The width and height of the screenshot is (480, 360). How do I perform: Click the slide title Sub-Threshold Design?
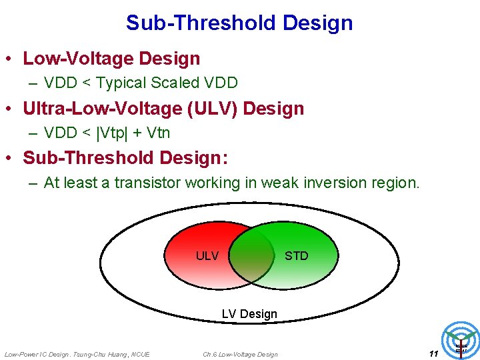click(239, 23)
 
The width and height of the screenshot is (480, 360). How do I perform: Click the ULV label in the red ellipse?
click(207, 256)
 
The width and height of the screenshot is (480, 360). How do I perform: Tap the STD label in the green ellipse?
click(297, 256)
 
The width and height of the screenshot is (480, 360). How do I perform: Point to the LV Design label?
click(249, 313)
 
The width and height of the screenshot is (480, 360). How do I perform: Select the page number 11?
click(433, 353)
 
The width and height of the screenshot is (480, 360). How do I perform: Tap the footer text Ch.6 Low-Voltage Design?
click(241, 354)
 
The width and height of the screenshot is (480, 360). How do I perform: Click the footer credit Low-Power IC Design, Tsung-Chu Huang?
click(77, 354)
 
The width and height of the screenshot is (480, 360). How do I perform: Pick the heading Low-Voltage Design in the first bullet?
click(111, 59)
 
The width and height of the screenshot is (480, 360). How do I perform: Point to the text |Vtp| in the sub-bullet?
click(116, 133)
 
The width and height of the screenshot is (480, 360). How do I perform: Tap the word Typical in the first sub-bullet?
click(119, 83)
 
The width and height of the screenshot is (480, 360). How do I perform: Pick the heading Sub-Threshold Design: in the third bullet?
click(125, 158)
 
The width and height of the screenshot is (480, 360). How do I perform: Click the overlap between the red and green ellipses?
click(252, 256)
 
